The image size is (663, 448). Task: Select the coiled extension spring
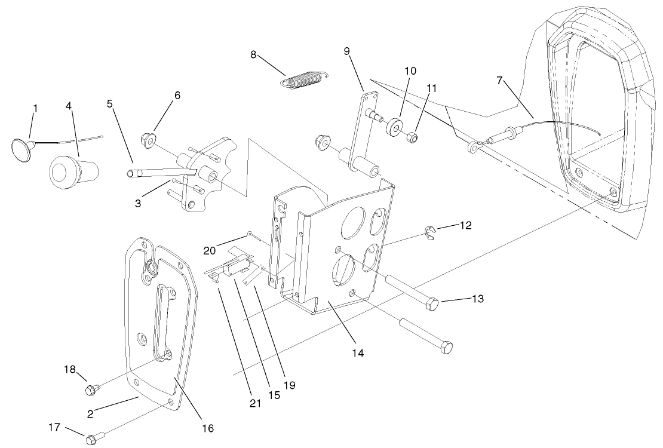tap(305, 80)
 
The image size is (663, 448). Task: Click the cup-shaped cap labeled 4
tap(66, 170)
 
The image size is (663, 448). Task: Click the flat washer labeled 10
tap(393, 128)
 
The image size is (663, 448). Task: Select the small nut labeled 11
tap(411, 138)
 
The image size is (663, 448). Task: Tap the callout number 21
tap(256, 403)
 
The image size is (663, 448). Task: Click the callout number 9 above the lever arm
tap(347, 50)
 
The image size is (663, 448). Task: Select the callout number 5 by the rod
tap(109, 103)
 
